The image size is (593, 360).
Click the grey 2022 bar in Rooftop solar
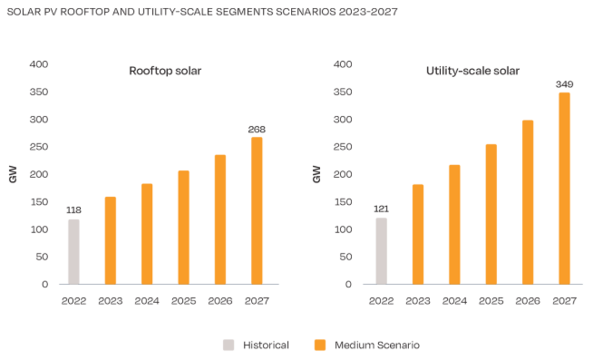point(73,251)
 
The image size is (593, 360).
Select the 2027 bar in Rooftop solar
point(257,210)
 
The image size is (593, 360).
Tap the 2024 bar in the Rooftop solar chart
point(147,234)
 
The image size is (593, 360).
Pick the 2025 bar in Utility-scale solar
point(491,214)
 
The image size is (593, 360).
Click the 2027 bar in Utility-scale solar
point(564,188)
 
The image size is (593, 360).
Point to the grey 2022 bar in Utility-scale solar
point(381,250)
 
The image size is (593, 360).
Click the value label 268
point(257,130)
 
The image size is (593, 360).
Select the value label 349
point(564,84)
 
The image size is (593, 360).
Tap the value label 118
point(73,211)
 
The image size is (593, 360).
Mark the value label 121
point(381,209)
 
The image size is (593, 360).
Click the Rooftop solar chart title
point(164,71)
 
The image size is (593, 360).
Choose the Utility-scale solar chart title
point(471,71)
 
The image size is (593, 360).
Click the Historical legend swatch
point(228,345)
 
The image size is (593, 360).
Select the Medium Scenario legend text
point(377,345)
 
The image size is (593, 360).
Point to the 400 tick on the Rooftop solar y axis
point(38,64)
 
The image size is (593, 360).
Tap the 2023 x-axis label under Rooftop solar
point(110,300)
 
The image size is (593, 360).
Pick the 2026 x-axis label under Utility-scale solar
point(528,300)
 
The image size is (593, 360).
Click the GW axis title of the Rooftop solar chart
point(13,174)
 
